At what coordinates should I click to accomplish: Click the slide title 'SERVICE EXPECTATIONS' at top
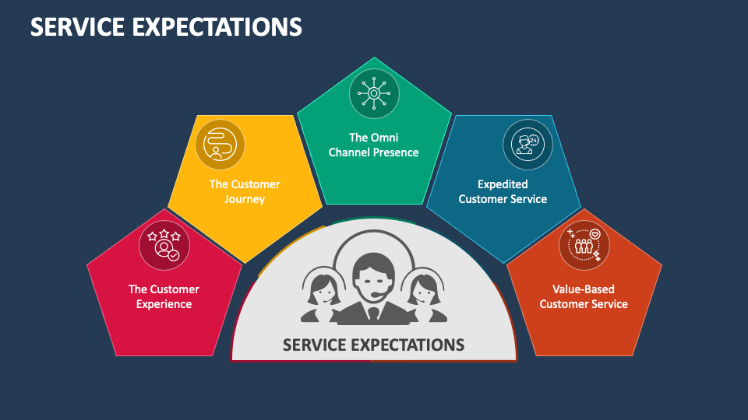(x=166, y=27)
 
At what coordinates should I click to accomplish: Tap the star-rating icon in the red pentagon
(x=164, y=244)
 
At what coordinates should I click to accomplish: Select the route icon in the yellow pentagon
(x=220, y=144)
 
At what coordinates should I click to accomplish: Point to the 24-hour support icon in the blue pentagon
(x=527, y=144)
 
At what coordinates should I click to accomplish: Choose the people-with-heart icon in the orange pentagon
(x=584, y=244)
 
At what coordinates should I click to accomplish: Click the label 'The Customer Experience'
(x=164, y=296)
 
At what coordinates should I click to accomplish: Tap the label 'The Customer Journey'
(x=245, y=191)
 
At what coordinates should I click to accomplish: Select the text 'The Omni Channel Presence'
(x=374, y=145)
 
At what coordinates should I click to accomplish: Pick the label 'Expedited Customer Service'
(x=503, y=191)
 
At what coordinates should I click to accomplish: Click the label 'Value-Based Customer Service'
(x=584, y=296)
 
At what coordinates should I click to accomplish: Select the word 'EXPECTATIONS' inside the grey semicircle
(x=407, y=344)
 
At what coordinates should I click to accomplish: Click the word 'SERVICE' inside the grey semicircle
(x=313, y=344)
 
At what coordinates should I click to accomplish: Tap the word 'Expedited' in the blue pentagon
(x=503, y=184)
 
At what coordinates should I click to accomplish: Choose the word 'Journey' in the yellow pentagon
(x=245, y=199)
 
